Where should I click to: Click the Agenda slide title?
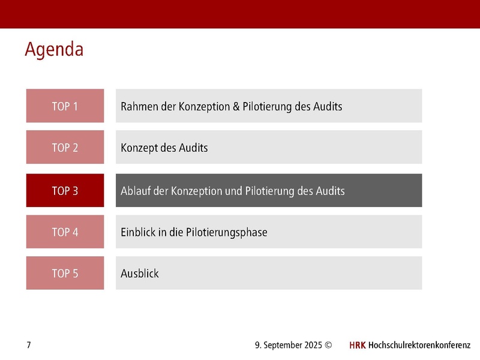click(54, 49)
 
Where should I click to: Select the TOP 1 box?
click(65, 106)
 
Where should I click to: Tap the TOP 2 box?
click(65, 147)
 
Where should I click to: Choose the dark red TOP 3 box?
click(65, 191)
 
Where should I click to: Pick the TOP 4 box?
click(65, 232)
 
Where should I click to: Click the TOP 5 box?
click(65, 273)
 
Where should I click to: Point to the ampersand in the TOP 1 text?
click(236, 107)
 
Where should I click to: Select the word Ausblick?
click(140, 274)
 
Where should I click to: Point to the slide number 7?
click(29, 345)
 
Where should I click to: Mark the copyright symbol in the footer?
click(328, 346)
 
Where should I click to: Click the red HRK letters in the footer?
click(357, 346)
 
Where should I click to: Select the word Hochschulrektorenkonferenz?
click(419, 346)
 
